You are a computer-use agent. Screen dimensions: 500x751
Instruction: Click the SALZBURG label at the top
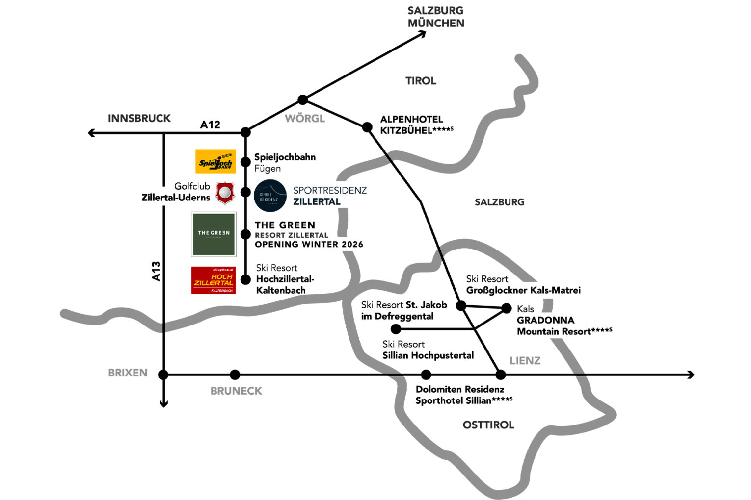pyautogui.click(x=435, y=10)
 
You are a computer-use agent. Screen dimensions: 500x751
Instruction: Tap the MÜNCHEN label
pyautogui.click(x=436, y=23)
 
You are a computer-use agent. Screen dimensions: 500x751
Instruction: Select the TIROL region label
pyautogui.click(x=421, y=81)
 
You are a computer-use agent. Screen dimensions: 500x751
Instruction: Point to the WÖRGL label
pyautogui.click(x=305, y=118)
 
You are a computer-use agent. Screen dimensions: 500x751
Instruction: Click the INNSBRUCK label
pyautogui.click(x=139, y=118)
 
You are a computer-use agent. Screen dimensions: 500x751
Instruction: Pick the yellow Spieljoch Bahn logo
pyautogui.click(x=216, y=161)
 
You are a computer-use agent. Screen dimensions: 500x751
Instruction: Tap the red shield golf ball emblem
pyautogui.click(x=225, y=193)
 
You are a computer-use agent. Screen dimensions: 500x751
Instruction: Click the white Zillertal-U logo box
pyautogui.click(x=163, y=197)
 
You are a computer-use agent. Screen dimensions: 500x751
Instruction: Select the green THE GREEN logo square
pyautogui.click(x=214, y=234)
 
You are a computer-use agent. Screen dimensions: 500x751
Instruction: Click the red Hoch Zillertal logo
pyautogui.click(x=214, y=280)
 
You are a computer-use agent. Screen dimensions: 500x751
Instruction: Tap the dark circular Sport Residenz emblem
pyautogui.click(x=270, y=196)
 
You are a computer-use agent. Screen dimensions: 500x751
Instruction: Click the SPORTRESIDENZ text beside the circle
pyautogui.click(x=330, y=190)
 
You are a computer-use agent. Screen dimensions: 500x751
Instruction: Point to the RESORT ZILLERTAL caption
pyautogui.click(x=291, y=235)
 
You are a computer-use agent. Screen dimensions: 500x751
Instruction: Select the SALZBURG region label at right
pyautogui.click(x=499, y=202)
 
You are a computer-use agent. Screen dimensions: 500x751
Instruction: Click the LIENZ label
pyautogui.click(x=525, y=360)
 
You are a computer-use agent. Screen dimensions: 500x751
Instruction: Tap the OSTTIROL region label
pyautogui.click(x=488, y=425)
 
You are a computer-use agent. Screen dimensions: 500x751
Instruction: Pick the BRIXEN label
pyautogui.click(x=128, y=373)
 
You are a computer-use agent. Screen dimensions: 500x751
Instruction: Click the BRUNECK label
pyautogui.click(x=237, y=391)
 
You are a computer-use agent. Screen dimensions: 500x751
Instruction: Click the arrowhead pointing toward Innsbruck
pyautogui.click(x=90, y=132)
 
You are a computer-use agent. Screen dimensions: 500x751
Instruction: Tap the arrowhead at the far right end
pyautogui.click(x=692, y=374)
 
